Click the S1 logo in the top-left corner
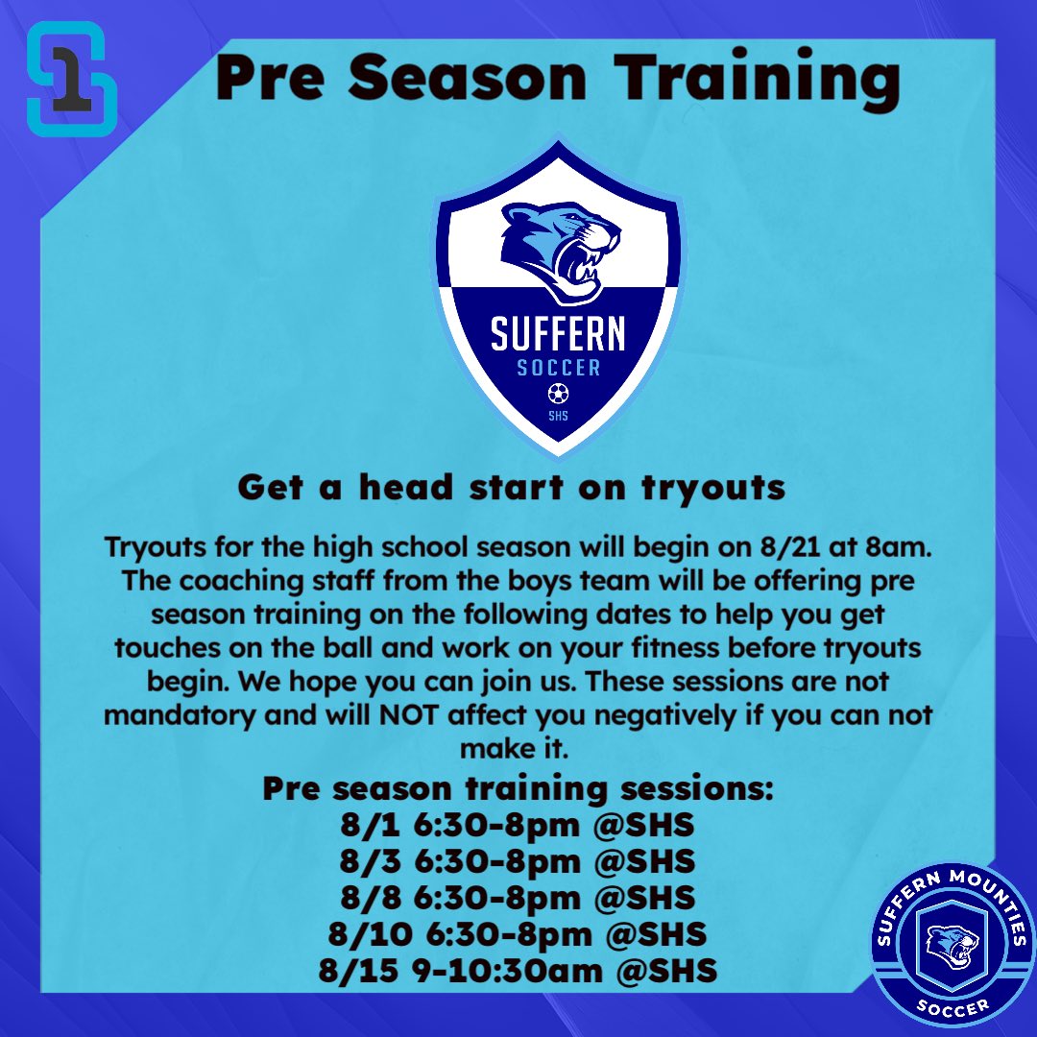coord(71,78)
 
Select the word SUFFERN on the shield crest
coord(558,333)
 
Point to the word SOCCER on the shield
coord(558,369)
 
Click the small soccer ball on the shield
coord(558,393)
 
